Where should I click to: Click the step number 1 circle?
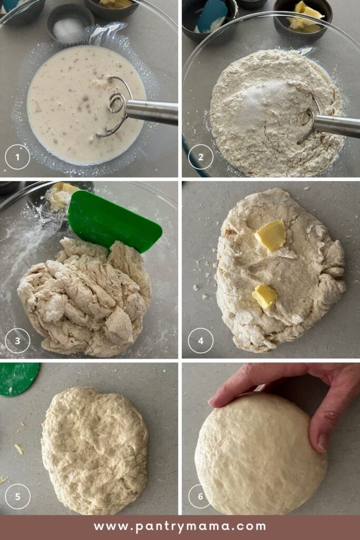pos(17,157)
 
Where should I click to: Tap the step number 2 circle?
pos(201,157)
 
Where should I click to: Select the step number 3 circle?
pos(17,341)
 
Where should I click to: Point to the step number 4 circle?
pos(201,341)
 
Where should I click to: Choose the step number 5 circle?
pos(17,497)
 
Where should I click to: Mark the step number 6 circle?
pos(201,497)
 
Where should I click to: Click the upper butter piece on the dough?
pos(270,236)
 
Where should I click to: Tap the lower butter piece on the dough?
pos(265,296)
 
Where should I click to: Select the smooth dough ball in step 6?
pos(260,454)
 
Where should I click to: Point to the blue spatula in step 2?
pos(212,15)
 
